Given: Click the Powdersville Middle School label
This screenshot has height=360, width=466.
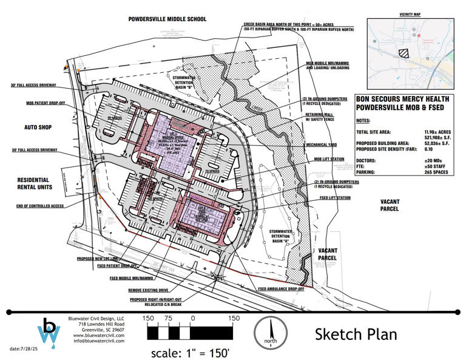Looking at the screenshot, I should pyautogui.click(x=167, y=19).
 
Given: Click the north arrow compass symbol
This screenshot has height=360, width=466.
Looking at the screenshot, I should pyautogui.click(x=271, y=334).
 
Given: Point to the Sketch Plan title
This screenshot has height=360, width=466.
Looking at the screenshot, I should pyautogui.click(x=356, y=334).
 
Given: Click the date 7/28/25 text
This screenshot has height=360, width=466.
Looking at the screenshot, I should pyautogui.click(x=25, y=349).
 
